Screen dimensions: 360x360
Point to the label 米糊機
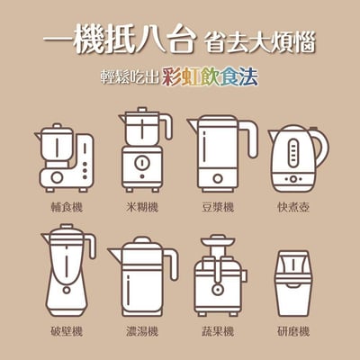click(x=141, y=207)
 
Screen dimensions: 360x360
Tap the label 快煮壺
click(x=294, y=207)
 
